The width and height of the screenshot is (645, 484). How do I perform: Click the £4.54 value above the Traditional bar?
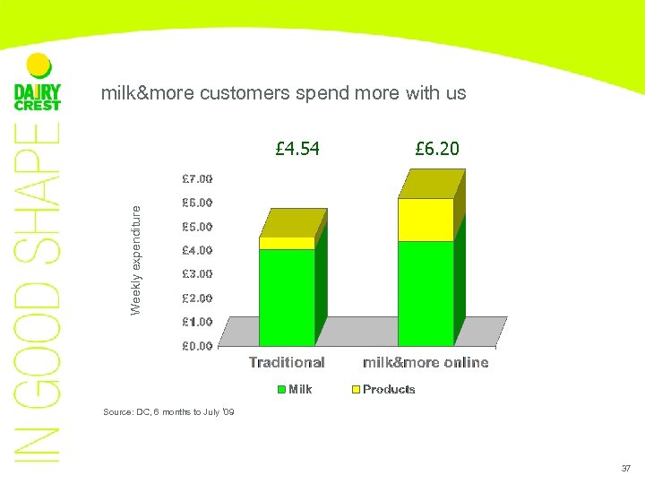tap(297, 148)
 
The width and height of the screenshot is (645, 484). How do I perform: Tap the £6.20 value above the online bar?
tap(437, 148)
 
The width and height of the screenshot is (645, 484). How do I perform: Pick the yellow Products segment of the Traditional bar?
tap(287, 243)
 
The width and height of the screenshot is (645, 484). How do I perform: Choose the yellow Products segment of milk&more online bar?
tap(426, 220)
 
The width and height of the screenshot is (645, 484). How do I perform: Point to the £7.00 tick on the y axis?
tap(197, 179)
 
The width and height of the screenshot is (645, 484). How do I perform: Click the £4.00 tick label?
tap(197, 250)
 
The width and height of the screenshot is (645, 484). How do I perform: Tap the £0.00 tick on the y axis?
tap(197, 345)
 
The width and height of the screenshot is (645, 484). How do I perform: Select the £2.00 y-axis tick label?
tap(197, 298)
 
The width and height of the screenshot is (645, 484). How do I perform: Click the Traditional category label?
tap(287, 362)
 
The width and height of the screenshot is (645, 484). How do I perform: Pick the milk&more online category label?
tap(426, 362)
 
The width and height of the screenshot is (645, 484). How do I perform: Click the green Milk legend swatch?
tap(281, 389)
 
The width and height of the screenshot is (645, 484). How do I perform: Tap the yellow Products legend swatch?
tap(355, 389)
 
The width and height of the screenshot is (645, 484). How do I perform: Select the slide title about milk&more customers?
tap(283, 92)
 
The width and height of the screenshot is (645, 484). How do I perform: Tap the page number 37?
tap(625, 468)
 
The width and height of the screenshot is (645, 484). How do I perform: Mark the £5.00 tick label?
tap(197, 227)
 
